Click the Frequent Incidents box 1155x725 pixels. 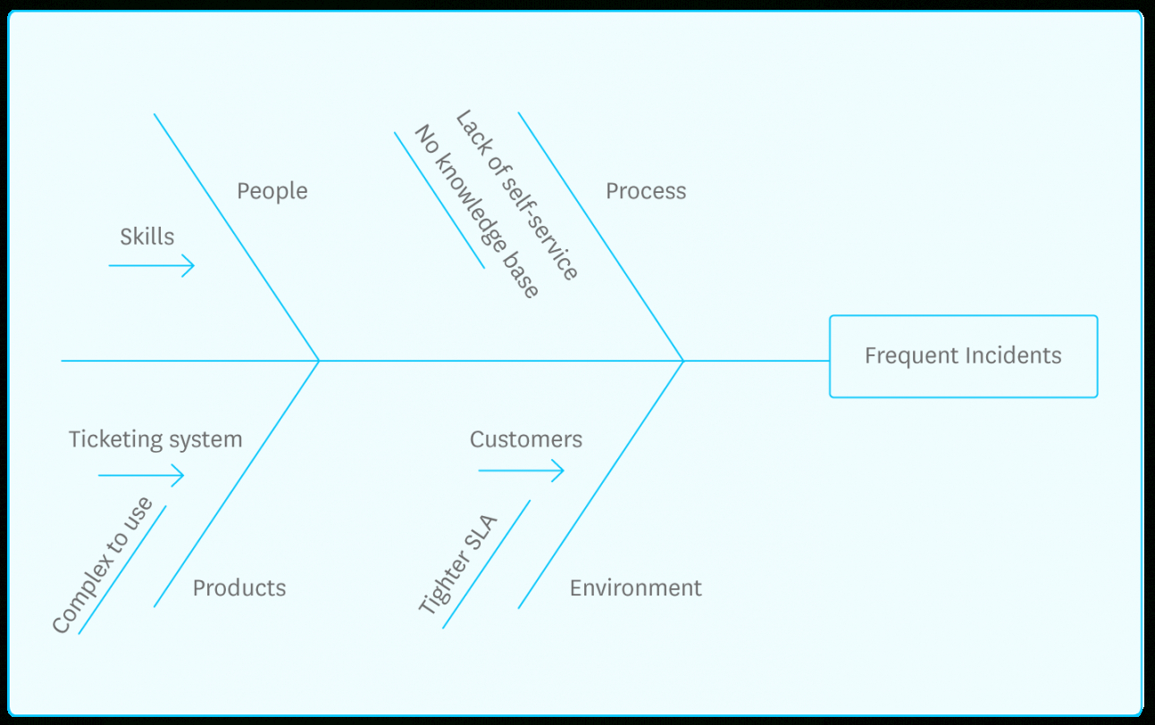963,356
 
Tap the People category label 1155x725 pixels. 272,191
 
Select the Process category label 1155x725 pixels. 646,191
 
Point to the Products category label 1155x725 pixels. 239,587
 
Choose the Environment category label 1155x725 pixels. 635,587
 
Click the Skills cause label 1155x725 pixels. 147,237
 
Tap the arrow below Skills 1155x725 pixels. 152,265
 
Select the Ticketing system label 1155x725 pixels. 155,439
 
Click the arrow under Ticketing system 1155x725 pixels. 141,475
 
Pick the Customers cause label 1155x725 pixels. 526,439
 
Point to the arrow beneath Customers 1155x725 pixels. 522,470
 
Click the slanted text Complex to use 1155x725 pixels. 102,566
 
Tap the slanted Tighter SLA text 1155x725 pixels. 458,564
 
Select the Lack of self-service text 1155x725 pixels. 517,196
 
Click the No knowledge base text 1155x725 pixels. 476,212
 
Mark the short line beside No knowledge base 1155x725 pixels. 439,200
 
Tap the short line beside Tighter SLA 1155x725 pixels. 487,564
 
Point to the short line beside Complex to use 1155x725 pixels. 122,571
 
